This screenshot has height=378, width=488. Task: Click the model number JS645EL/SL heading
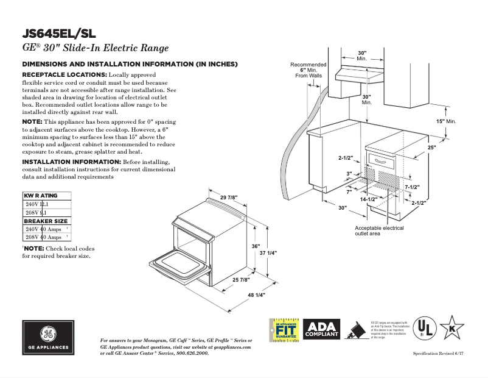58,34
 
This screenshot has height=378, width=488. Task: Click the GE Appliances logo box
47,337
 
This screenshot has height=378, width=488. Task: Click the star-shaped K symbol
452,328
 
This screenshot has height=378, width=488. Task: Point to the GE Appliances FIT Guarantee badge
284,329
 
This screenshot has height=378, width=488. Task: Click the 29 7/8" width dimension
228,197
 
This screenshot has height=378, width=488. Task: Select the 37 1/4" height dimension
268,252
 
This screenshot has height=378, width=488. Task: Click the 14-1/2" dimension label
368,199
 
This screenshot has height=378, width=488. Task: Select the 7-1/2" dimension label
412,187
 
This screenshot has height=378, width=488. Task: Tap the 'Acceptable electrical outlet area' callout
379,230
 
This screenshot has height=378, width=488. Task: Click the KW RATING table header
41,196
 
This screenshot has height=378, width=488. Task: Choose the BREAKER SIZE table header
46,221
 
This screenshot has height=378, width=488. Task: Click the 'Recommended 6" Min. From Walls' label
308,70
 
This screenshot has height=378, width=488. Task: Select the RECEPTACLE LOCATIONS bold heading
64,74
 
